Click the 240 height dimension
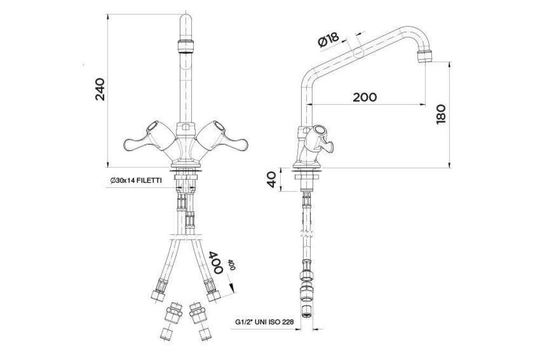pyautogui.click(x=100, y=90)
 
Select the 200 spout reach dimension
pyautogui.click(x=364, y=97)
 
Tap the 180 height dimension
pyautogui.click(x=441, y=114)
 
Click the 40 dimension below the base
pyautogui.click(x=272, y=179)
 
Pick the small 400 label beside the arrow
pyautogui.click(x=232, y=264)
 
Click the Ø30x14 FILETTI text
pyautogui.click(x=136, y=180)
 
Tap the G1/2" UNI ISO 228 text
pyautogui.click(x=265, y=322)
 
